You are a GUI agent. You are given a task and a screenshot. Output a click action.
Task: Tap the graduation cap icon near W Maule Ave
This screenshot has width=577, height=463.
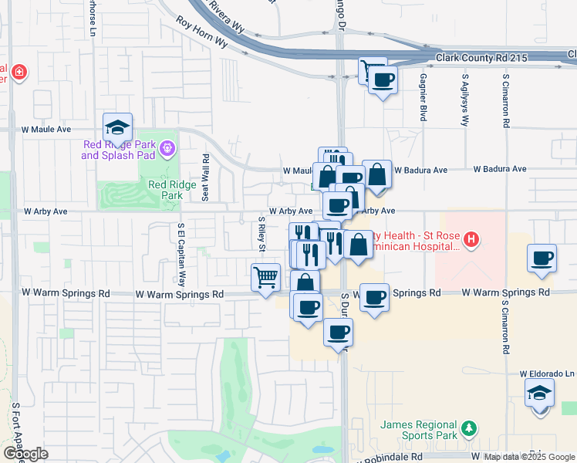click(x=117, y=127)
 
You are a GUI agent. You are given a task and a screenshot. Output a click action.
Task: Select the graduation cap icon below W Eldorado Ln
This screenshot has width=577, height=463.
click(x=540, y=394)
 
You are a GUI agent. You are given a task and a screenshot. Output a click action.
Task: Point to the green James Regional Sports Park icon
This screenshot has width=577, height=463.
click(x=467, y=428)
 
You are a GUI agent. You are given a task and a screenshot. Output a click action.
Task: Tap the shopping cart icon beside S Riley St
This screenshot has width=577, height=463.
click(x=265, y=276)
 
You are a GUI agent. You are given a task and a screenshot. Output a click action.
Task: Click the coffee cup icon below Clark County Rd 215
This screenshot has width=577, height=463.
click(x=382, y=79)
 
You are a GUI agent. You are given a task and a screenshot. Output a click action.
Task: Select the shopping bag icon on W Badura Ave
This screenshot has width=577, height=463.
click(x=376, y=174)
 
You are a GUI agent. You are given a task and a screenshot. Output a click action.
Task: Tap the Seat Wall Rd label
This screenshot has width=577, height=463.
click(x=206, y=177)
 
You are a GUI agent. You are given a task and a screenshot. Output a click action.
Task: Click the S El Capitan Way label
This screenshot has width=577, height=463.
click(x=182, y=255)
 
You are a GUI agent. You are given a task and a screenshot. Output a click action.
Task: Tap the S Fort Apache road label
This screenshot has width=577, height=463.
click(x=15, y=424)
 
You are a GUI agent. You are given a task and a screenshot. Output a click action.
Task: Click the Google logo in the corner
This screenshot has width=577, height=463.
click(x=25, y=454)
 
